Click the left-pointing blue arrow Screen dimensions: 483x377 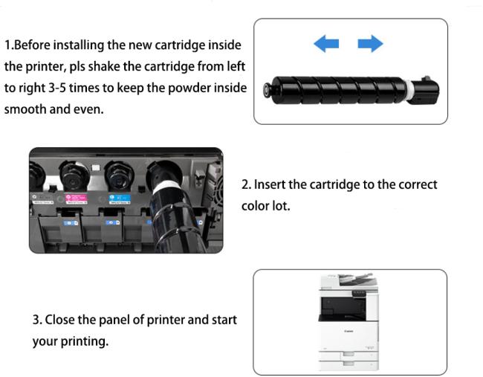[x=326, y=43]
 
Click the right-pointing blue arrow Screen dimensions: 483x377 [x=370, y=43]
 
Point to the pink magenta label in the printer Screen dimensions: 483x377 [x=76, y=199]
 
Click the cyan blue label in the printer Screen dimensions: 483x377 [x=120, y=199]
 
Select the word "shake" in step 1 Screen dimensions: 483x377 [x=104, y=67]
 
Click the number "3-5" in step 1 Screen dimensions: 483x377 [x=57, y=88]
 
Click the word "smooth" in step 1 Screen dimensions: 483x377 [x=25, y=109]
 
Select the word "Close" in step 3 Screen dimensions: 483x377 [x=59, y=320]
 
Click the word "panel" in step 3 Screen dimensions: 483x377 [x=114, y=320]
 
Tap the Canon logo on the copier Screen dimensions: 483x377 [x=349, y=331]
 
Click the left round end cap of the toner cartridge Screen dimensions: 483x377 [x=267, y=90]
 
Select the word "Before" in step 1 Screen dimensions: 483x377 [x=32, y=45]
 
